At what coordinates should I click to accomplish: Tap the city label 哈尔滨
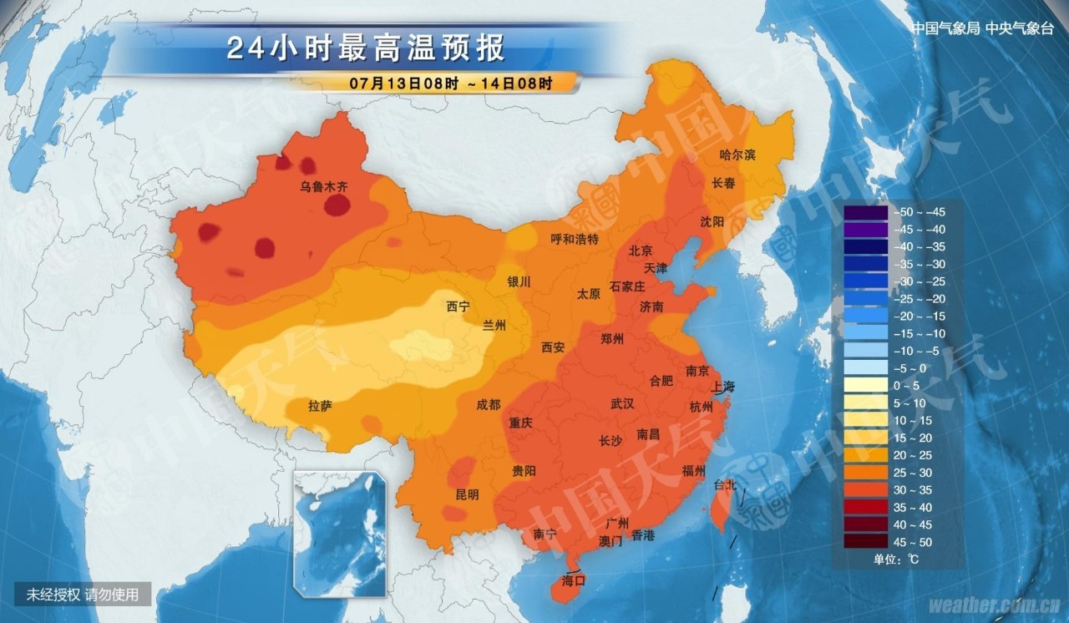(737, 155)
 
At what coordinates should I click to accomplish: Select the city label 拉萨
(320, 407)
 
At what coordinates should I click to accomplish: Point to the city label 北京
(641, 251)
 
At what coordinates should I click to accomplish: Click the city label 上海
(723, 387)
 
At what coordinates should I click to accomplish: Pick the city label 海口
(573, 579)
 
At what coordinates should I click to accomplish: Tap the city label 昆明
(467, 494)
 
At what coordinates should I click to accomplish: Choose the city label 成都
(489, 404)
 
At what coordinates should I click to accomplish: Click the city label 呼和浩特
(575, 239)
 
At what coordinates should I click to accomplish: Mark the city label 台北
(725, 484)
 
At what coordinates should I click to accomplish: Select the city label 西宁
(458, 306)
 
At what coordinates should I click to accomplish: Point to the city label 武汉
(622, 403)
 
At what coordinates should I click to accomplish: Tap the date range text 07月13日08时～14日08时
(451, 84)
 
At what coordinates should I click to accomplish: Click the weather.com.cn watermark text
(994, 604)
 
